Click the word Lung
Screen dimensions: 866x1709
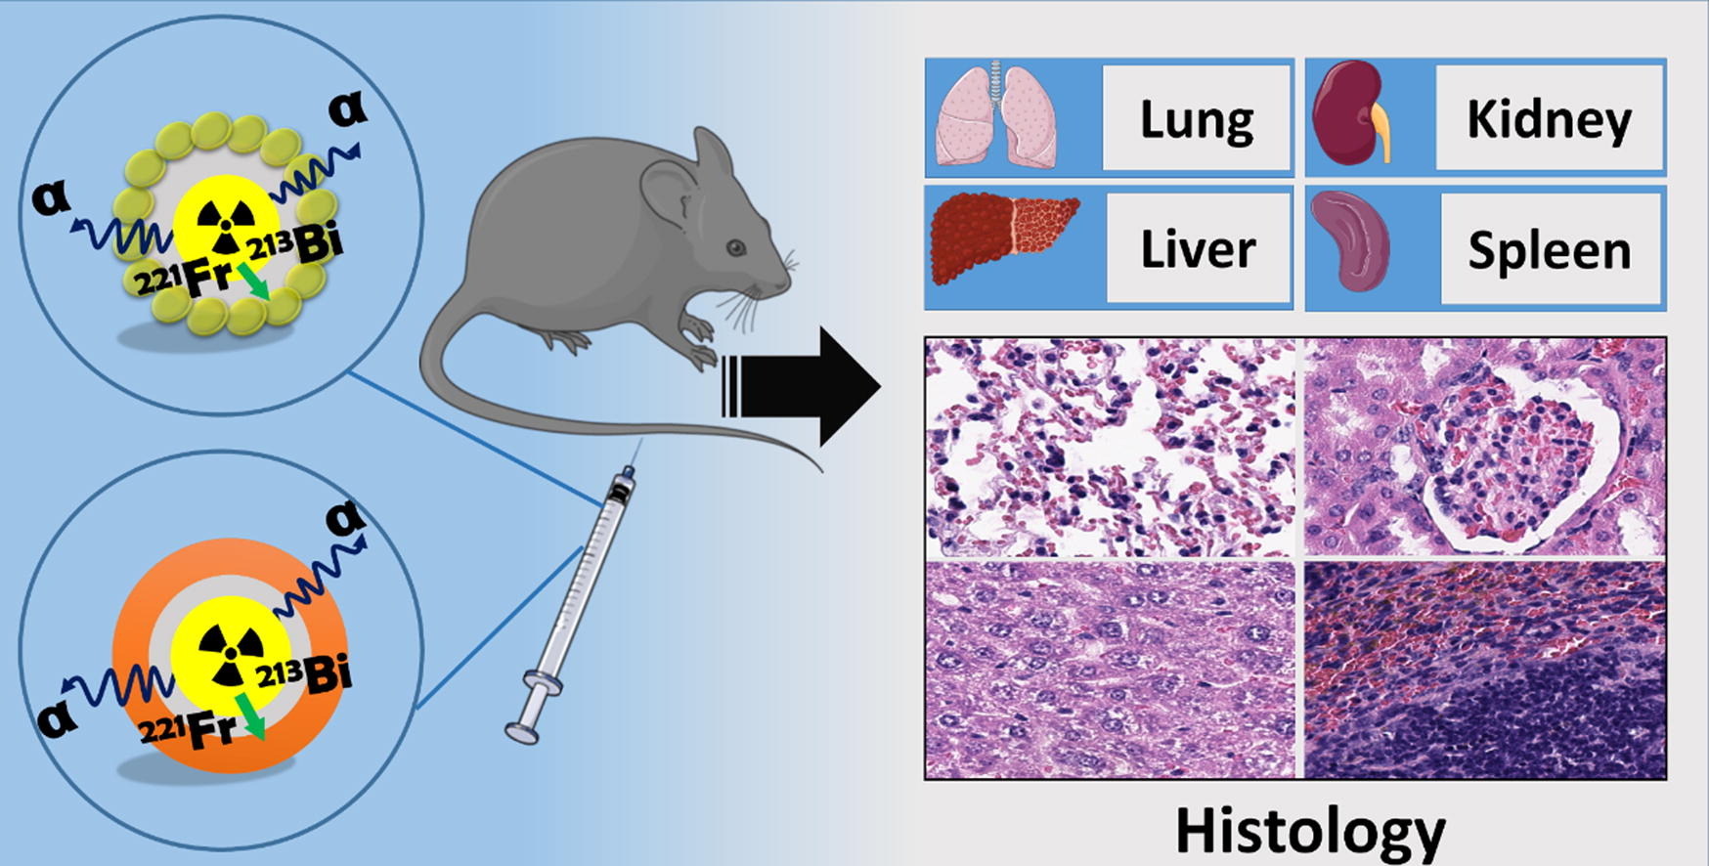[x=1197, y=118]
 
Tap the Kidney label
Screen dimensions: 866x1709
[x=1549, y=118]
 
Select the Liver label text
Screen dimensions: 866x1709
[x=1198, y=248]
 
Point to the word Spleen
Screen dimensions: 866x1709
[x=1550, y=250]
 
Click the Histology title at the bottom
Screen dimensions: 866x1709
[x=1310, y=830]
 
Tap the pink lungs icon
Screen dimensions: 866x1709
[x=996, y=115]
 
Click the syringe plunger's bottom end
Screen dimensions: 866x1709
[x=522, y=730]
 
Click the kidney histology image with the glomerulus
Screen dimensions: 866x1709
[x=1484, y=448]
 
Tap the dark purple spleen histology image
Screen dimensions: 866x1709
[x=1484, y=671]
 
